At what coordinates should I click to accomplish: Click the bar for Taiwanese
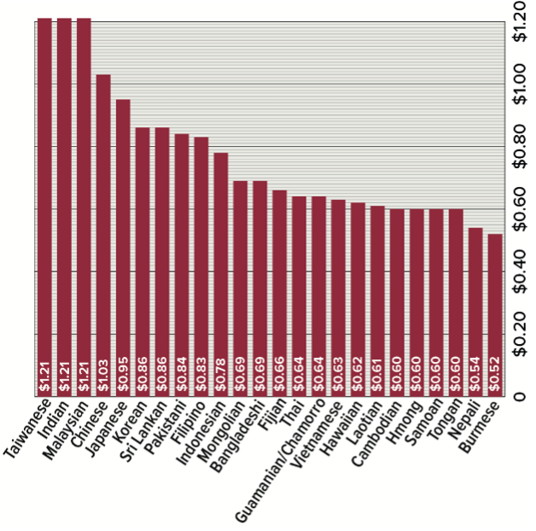(x=44, y=205)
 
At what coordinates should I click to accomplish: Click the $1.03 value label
(x=103, y=376)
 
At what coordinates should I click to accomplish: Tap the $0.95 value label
(x=123, y=376)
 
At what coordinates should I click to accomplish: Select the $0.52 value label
(x=494, y=376)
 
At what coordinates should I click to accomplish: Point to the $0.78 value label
(x=220, y=376)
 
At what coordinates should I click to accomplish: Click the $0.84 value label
(x=182, y=376)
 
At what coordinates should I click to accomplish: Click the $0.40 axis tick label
(x=517, y=271)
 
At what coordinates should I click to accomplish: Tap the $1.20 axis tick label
(x=517, y=21)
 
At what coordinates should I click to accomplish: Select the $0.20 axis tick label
(x=517, y=334)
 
